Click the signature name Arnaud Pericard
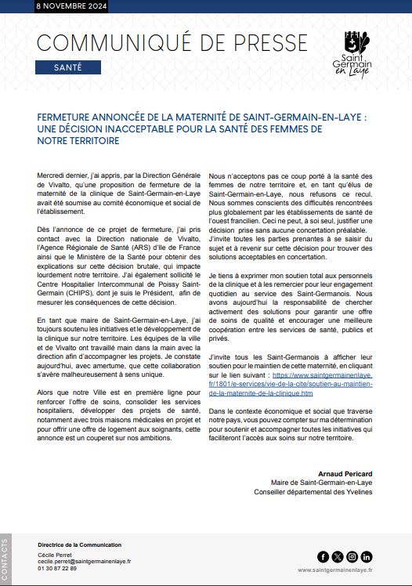[346, 474]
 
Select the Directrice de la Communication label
[79, 544]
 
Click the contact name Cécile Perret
[53, 555]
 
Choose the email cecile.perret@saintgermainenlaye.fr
[84, 562]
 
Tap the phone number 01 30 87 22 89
[57, 569]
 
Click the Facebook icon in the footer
[323, 557]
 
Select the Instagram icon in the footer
[352, 557]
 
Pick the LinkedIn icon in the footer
[367, 557]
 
